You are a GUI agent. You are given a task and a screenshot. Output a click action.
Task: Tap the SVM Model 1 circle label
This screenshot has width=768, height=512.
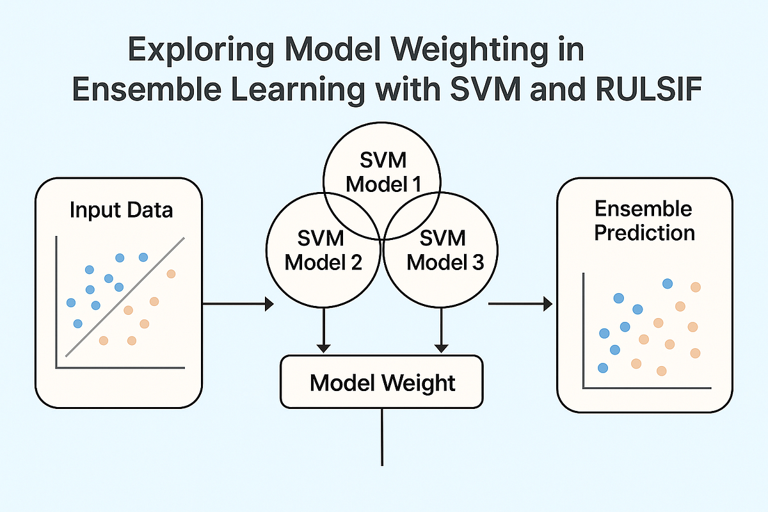[x=382, y=173]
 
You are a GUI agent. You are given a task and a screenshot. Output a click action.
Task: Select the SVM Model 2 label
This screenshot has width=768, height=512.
[x=323, y=250]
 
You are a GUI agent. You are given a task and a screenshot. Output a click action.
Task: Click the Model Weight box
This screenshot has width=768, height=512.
[x=382, y=382]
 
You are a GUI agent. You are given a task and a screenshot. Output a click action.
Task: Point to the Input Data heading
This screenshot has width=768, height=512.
[x=121, y=209]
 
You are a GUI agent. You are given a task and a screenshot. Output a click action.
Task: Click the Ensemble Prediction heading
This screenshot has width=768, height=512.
[x=644, y=220]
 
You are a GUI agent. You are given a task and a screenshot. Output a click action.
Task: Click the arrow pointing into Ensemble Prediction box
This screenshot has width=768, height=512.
[x=520, y=304]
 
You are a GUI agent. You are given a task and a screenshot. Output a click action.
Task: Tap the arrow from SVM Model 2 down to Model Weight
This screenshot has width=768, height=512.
[x=324, y=330]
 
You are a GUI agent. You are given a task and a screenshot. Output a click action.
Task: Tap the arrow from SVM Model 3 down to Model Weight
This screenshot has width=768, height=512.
[x=441, y=330]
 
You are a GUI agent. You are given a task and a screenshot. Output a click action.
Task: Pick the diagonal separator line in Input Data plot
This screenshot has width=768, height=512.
[x=125, y=297]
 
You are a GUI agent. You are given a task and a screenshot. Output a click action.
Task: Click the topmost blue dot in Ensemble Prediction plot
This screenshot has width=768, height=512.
[x=668, y=284]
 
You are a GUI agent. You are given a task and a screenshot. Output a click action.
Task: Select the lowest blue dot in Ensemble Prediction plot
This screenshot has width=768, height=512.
[x=602, y=367]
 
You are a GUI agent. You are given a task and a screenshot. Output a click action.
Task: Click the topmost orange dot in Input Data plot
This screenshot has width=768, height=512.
[x=170, y=274]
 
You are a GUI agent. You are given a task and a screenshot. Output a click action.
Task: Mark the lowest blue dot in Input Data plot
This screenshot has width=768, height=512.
[x=77, y=324]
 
